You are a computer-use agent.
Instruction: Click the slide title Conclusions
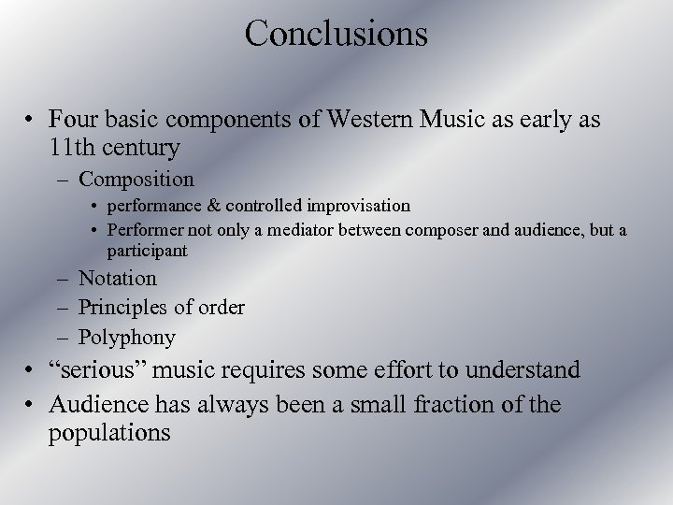pyautogui.click(x=336, y=34)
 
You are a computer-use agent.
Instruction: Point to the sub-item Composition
pyautogui.click(x=136, y=178)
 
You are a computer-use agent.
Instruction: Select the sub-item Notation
pyautogui.click(x=118, y=278)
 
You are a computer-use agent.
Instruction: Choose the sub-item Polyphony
pyautogui.click(x=127, y=336)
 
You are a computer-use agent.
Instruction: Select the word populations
pyautogui.click(x=112, y=433)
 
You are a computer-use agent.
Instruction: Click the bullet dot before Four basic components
pyautogui.click(x=31, y=120)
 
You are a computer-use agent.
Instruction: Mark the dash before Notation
pyautogui.click(x=63, y=279)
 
